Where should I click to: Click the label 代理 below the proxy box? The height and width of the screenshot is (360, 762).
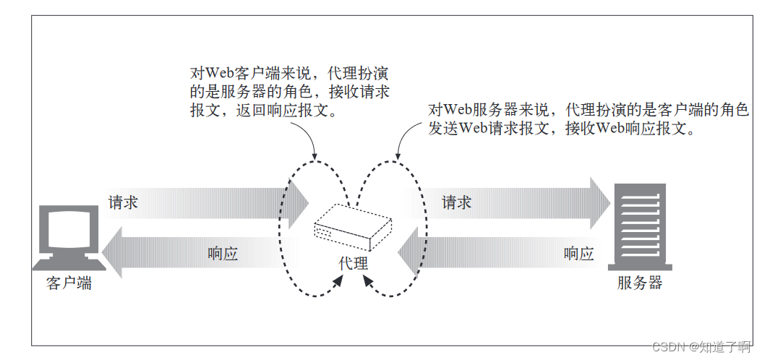[354, 263]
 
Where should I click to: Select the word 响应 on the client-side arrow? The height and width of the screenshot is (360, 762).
[223, 254]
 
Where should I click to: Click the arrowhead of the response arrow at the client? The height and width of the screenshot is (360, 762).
[113, 253]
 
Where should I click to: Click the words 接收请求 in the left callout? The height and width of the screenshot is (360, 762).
[366, 93]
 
